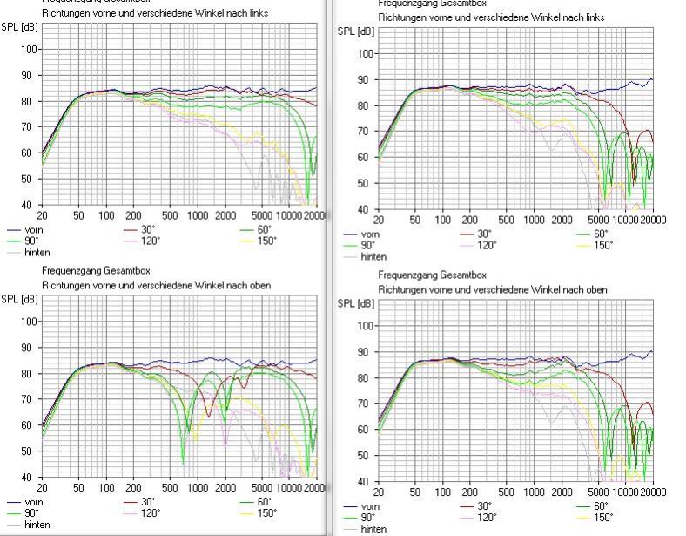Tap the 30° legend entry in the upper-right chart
(x=485, y=234)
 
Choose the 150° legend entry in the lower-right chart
(x=602, y=517)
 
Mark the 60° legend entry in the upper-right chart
(x=601, y=234)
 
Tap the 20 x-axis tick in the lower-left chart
(x=42, y=488)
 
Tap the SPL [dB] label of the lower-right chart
(x=355, y=305)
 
